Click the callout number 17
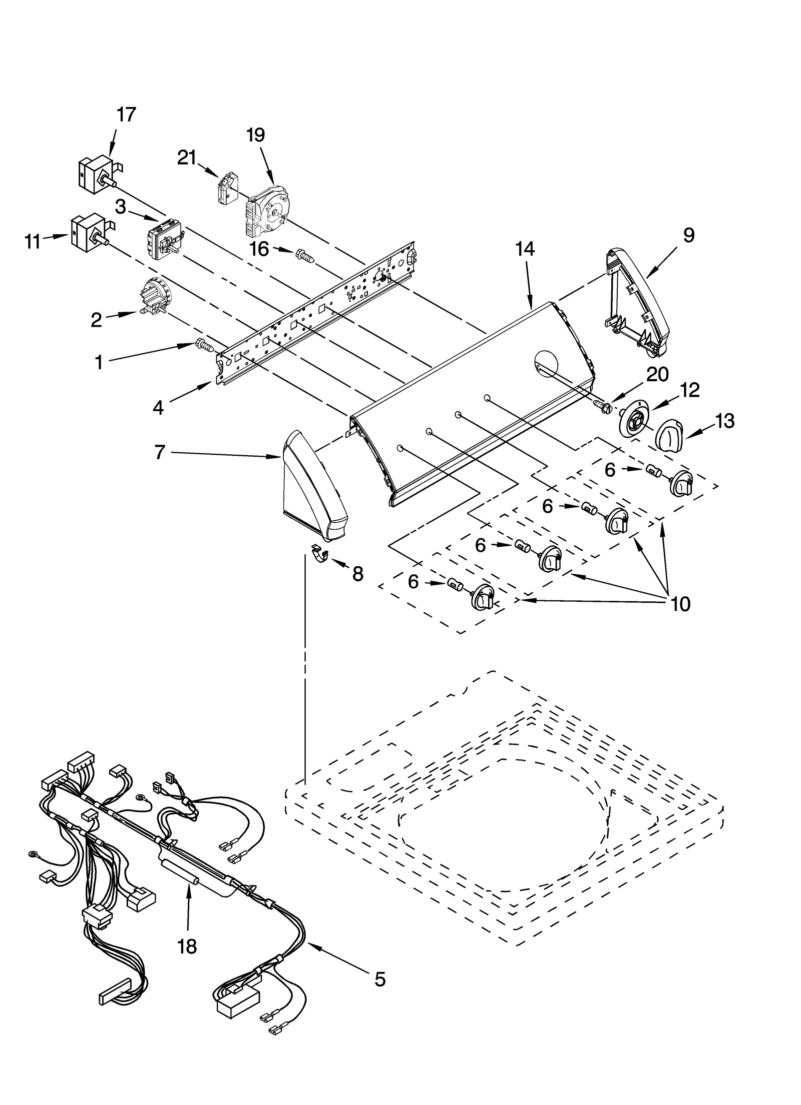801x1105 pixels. (x=126, y=115)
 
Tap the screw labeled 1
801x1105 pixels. (x=204, y=345)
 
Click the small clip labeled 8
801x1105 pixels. (x=319, y=553)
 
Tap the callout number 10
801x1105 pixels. (x=680, y=604)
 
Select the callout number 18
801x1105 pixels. (x=187, y=946)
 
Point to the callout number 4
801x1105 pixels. (x=158, y=408)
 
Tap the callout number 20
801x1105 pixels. (x=657, y=374)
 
